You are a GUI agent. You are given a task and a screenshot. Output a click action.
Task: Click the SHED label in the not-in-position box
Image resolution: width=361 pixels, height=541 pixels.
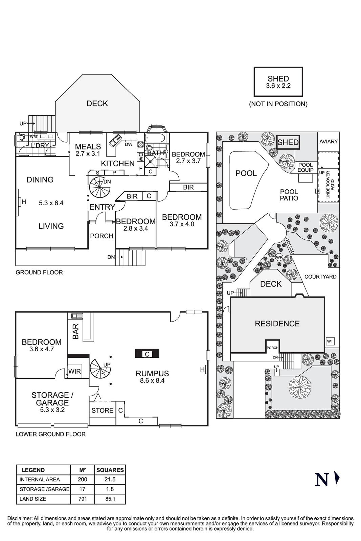pyautogui.click(x=278, y=79)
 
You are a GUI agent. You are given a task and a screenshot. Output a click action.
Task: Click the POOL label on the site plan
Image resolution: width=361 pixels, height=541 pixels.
pyautogui.click(x=246, y=173)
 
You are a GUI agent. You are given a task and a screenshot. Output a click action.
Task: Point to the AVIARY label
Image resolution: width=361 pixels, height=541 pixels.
pyautogui.click(x=329, y=142)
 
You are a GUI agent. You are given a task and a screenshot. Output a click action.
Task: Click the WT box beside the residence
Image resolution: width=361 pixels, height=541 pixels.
pyautogui.click(x=330, y=342)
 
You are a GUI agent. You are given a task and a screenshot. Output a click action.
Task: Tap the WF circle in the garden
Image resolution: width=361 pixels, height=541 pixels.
pyautogui.click(x=279, y=258)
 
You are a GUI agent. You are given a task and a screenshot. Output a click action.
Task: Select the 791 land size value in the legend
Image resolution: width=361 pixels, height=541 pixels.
pyautogui.click(x=82, y=499)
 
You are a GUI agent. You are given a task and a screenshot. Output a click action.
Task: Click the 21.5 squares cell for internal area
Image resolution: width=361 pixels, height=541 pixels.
pyautogui.click(x=110, y=479)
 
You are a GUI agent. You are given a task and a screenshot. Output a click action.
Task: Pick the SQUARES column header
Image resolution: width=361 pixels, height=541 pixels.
pyautogui.click(x=110, y=470)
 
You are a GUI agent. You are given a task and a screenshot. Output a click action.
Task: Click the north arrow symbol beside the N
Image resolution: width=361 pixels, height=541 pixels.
pyautogui.click(x=337, y=478)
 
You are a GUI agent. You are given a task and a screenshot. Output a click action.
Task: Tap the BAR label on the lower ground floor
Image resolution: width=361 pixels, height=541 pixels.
pyautogui.click(x=76, y=331)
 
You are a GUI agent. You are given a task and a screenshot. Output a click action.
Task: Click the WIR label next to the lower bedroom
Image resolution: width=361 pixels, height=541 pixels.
pyautogui.click(x=74, y=372)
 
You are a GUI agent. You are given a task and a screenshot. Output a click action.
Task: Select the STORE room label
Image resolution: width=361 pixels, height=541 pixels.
pyautogui.click(x=102, y=410)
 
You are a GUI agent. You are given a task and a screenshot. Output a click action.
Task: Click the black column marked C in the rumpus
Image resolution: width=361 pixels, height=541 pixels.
pyautogui.click(x=147, y=354)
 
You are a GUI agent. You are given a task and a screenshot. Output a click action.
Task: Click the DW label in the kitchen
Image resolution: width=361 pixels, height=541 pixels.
pyautogui.click(x=129, y=144)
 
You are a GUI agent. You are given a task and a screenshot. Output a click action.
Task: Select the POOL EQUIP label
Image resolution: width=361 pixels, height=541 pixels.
pyautogui.click(x=305, y=167)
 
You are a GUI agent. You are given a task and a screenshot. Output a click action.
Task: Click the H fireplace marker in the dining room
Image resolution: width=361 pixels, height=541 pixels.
pyautogui.click(x=23, y=203)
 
